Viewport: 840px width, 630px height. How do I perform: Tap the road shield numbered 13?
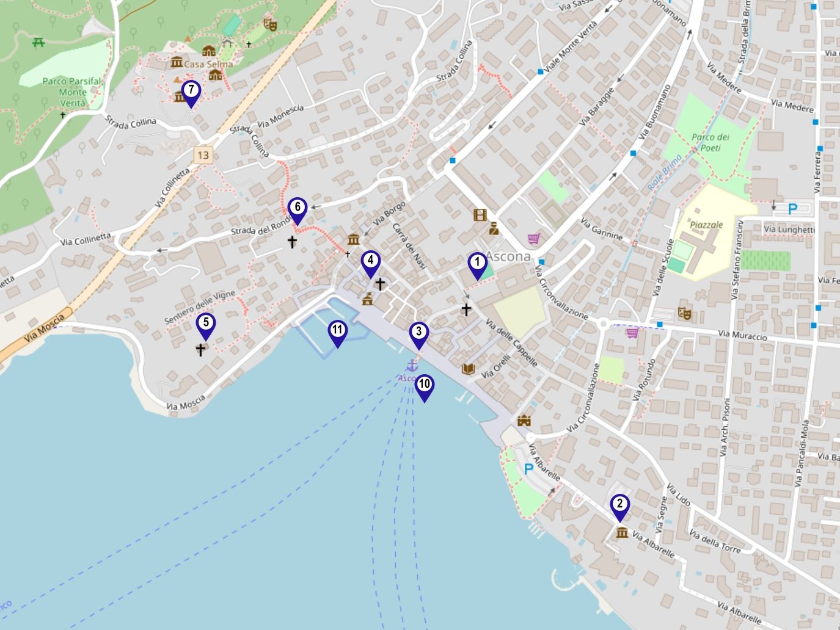[x=203, y=155]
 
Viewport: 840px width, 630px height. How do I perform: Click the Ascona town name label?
[x=508, y=257]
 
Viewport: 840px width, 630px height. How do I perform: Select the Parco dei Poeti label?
[x=710, y=142]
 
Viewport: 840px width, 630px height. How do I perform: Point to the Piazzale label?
[x=706, y=225]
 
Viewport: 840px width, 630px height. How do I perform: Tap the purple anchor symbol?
[x=412, y=366]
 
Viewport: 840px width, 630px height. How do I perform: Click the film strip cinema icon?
[x=480, y=215]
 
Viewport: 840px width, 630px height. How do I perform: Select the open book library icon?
[x=468, y=369]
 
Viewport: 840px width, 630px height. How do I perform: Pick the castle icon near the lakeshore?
[x=524, y=421]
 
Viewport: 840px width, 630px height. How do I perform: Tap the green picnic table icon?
[x=38, y=42]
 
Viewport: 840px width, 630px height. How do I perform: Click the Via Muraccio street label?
[x=742, y=335]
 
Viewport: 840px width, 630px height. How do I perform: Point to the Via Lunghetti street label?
[x=789, y=230]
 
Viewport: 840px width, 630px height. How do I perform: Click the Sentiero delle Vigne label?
[x=200, y=307]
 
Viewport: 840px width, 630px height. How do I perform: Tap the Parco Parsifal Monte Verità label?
[x=72, y=92]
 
